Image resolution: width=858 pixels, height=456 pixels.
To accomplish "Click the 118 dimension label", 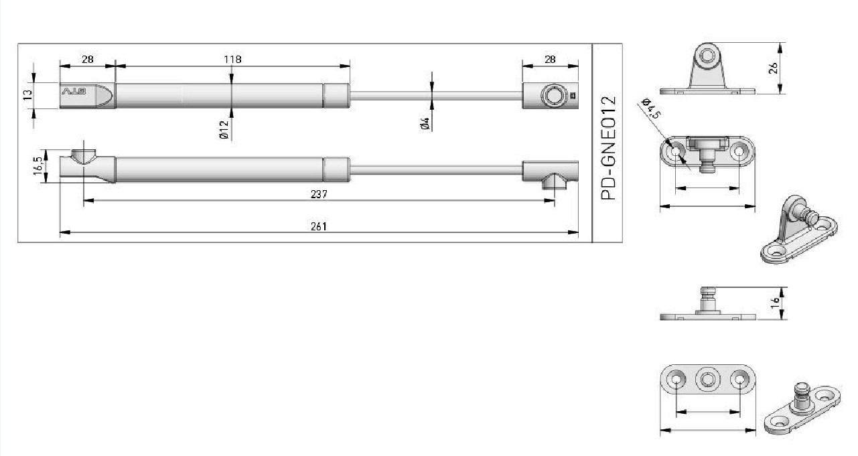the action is point(232,60).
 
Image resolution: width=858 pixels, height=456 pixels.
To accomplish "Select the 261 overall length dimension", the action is point(319,226).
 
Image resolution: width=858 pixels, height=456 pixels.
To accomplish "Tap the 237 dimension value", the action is point(319,194).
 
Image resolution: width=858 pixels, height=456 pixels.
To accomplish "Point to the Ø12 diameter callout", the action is point(224,130).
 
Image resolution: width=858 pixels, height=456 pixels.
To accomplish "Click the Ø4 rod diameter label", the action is point(425,124).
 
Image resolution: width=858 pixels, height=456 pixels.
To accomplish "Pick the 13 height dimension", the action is point(27,95).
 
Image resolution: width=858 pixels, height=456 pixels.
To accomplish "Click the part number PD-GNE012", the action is point(608,148).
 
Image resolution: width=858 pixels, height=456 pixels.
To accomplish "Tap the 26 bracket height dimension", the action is point(774,68).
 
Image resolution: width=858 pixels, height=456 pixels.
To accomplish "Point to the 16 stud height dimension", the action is point(775,303).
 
